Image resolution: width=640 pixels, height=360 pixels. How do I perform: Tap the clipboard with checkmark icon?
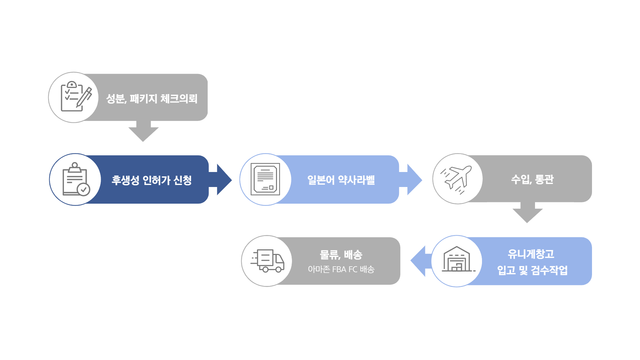76,179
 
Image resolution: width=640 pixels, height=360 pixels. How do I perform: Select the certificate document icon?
265,179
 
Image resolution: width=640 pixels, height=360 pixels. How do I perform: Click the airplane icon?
456,180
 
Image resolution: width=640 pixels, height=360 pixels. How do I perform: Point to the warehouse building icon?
457,260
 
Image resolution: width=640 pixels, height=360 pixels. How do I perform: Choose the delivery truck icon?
268,261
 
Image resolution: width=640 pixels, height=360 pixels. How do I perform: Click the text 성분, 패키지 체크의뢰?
152,99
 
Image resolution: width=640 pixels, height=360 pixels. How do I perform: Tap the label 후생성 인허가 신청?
152,180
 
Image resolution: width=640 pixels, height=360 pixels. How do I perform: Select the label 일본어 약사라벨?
341,180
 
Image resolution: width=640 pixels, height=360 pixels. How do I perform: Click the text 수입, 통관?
532,179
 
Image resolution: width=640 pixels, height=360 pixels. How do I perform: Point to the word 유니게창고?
531,254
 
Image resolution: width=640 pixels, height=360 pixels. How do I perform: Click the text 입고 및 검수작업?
532,270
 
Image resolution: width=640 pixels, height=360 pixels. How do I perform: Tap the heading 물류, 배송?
341,255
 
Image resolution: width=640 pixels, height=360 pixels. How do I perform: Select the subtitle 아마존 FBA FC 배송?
341,269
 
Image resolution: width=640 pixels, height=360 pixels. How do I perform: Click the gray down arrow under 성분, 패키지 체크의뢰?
143,132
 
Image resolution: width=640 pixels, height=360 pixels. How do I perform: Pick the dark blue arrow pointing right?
220,179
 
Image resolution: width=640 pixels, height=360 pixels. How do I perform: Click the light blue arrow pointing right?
411,179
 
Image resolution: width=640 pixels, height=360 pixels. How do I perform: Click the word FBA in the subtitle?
339,269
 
